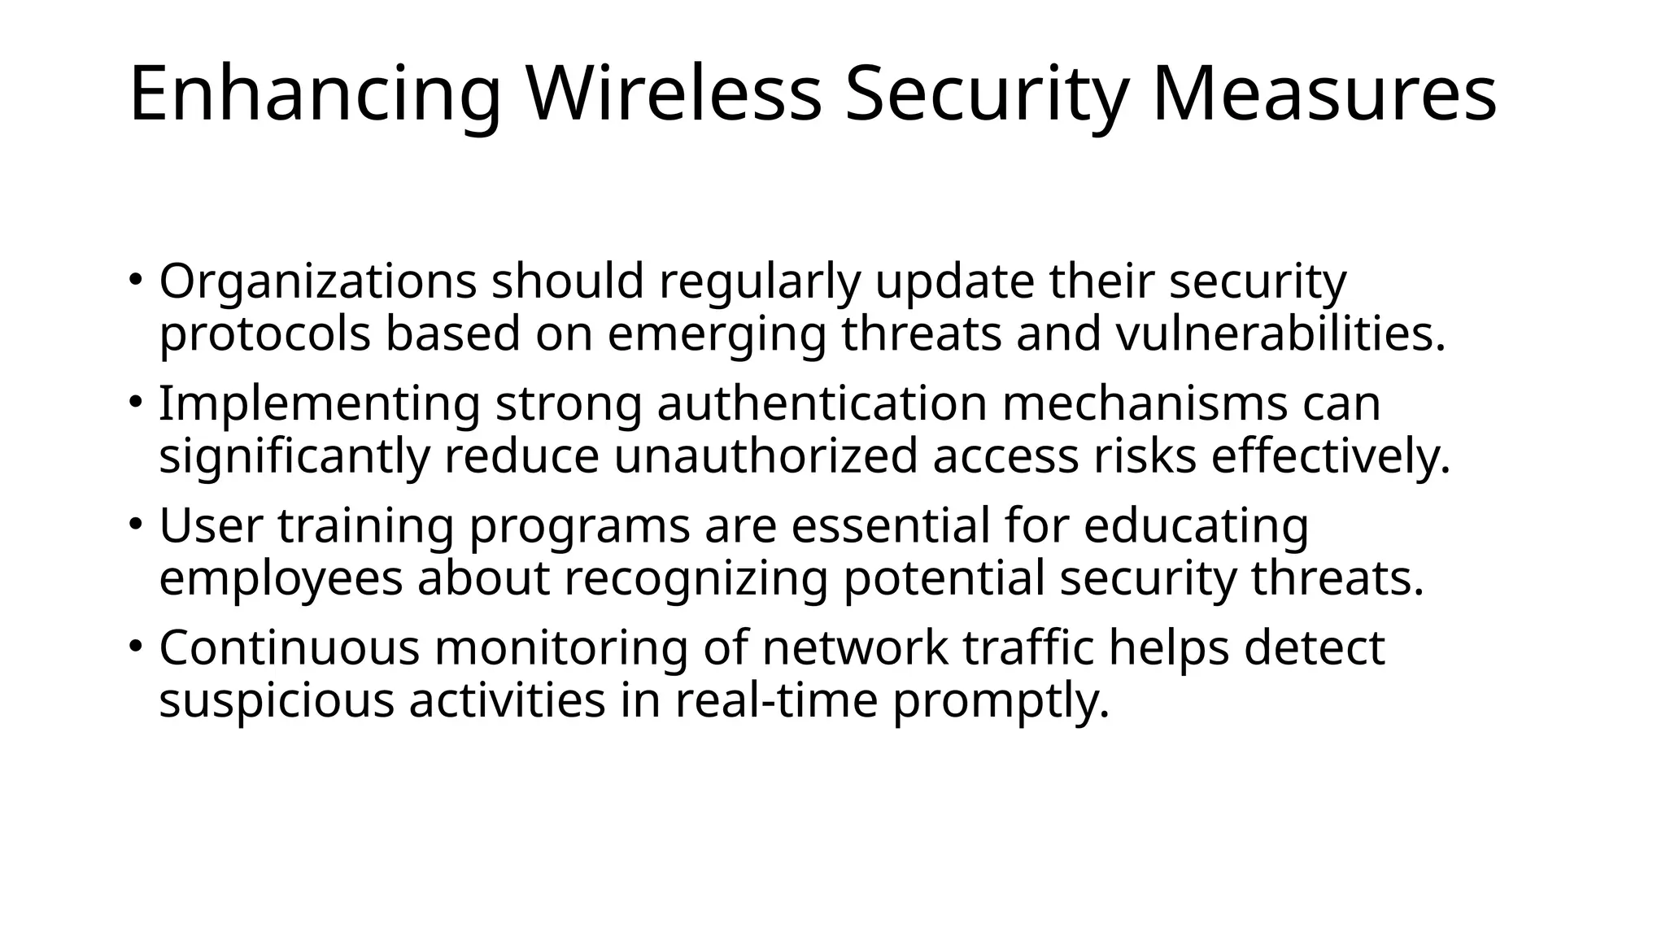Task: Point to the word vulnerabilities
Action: [x=1280, y=334]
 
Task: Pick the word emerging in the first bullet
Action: [x=717, y=336]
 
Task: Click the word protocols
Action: [x=265, y=336]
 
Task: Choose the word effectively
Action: [x=1331, y=456]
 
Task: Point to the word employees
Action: [x=281, y=580]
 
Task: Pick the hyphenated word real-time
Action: [x=776, y=700]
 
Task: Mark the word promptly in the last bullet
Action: [x=1001, y=702]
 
